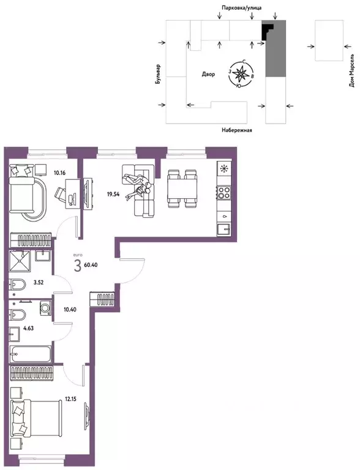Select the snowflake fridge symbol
224,169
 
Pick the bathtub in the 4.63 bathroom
31,354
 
